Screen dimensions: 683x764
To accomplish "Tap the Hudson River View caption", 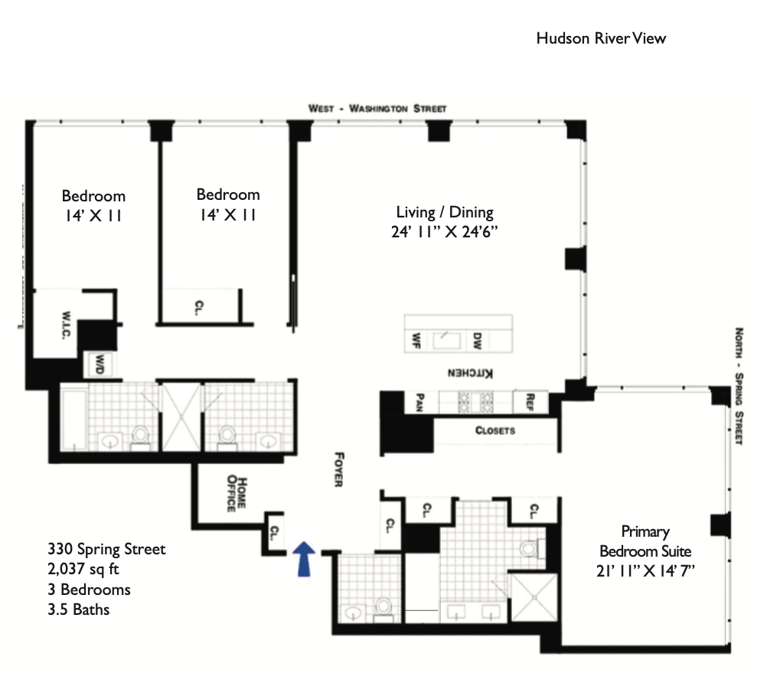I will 601,38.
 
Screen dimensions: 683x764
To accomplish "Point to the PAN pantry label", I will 420,402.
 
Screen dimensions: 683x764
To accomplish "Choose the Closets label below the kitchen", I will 495,430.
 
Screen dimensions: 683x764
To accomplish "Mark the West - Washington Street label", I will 377,109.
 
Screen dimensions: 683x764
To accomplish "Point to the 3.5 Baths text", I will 79,609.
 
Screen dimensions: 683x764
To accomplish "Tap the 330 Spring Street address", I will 106,549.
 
